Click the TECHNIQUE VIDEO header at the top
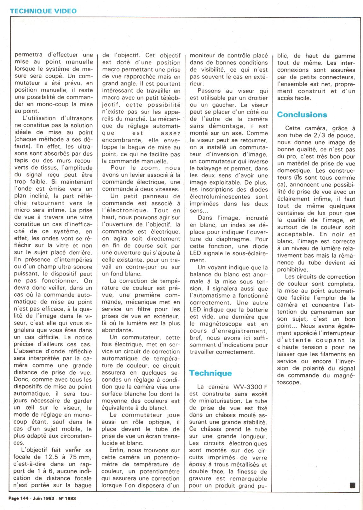(x=43, y=11)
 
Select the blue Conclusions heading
(x=302, y=115)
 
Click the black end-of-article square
(x=352, y=485)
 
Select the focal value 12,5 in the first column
(x=53, y=457)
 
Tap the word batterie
(x=253, y=310)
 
